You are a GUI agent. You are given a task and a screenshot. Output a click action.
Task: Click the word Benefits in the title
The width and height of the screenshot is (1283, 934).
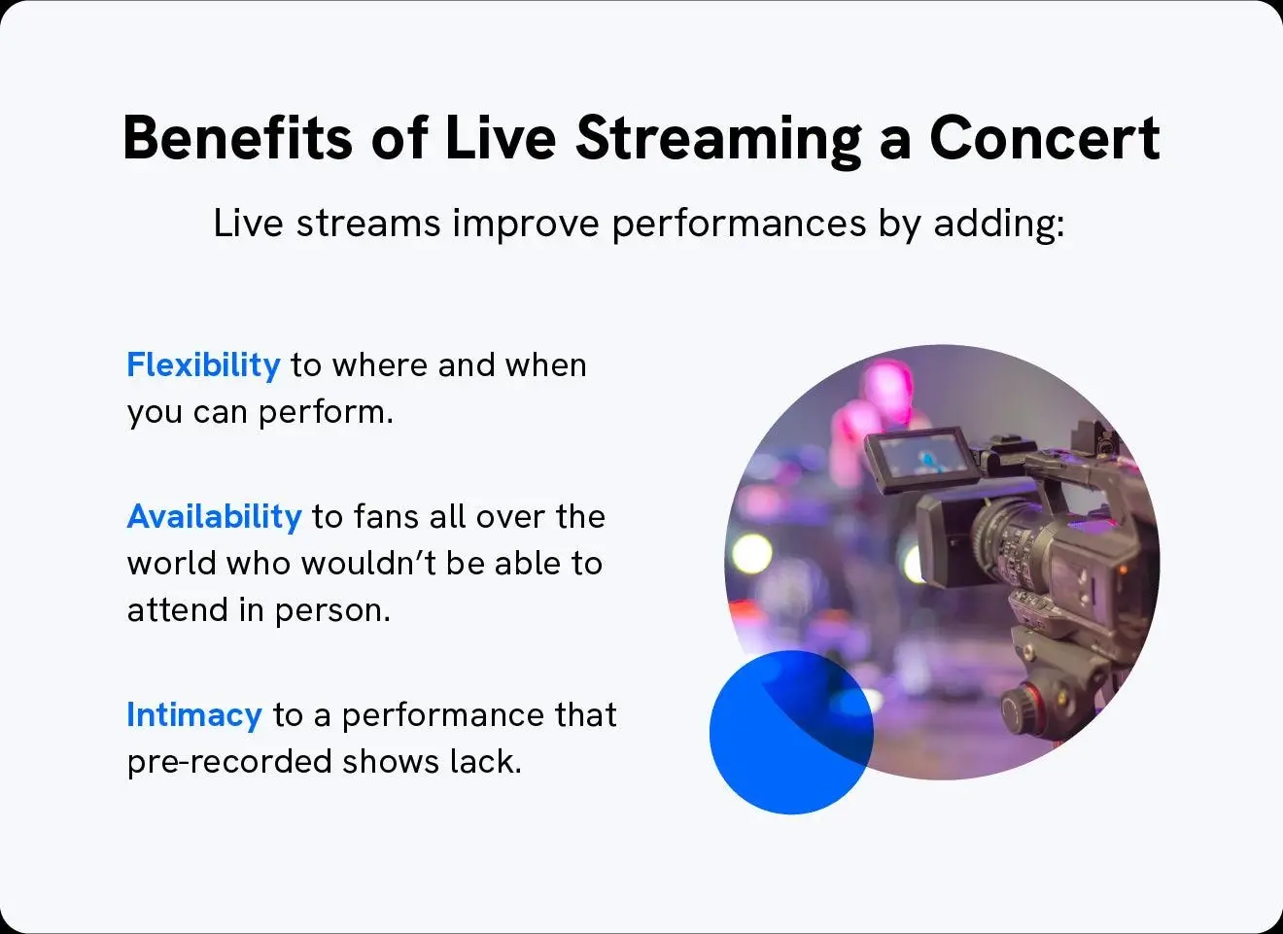[x=237, y=138]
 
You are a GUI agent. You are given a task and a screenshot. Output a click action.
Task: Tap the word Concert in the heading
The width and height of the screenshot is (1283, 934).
[x=1044, y=138]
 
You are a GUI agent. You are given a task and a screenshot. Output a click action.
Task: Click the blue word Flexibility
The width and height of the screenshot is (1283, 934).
[x=203, y=365]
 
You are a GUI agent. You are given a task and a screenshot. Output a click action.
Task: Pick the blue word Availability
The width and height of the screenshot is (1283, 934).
[x=214, y=516]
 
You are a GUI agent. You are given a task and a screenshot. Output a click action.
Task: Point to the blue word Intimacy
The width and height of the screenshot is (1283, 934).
[x=194, y=715]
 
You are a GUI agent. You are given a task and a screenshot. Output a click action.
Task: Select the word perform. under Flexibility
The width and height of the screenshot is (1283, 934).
[x=326, y=413]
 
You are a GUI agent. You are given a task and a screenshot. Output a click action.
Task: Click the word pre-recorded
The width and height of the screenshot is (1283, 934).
[x=229, y=762]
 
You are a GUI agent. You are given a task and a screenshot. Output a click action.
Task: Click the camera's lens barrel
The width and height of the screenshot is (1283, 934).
[x=1011, y=544]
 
